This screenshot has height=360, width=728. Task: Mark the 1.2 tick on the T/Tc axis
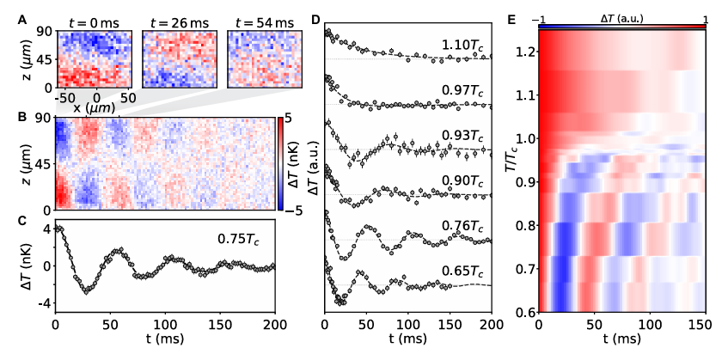[522, 52]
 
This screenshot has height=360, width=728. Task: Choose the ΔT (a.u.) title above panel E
[621, 18]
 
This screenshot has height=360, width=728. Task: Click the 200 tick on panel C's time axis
[273, 325]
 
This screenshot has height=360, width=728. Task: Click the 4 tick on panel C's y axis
[47, 229]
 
